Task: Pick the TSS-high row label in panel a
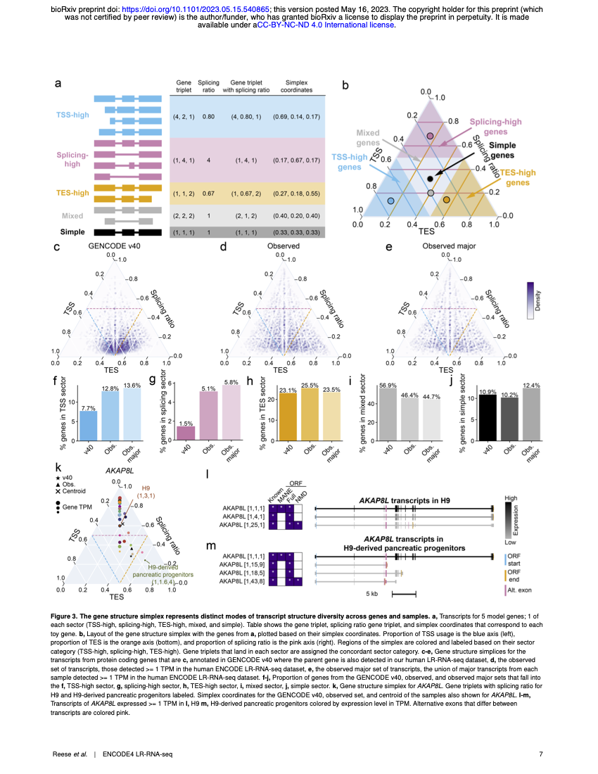[x=72, y=115]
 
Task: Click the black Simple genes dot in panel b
[x=431, y=179]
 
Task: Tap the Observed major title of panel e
[x=446, y=247]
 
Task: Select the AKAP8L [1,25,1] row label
[x=242, y=524]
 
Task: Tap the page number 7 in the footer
[x=541, y=755]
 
